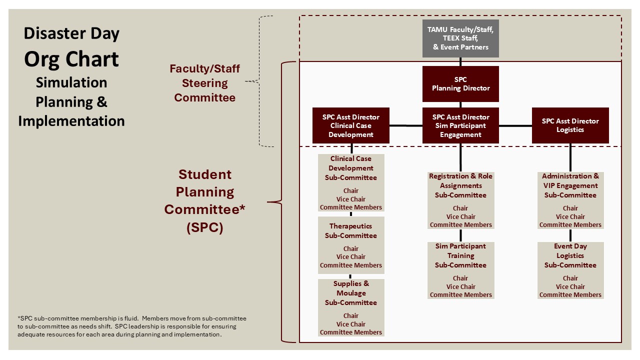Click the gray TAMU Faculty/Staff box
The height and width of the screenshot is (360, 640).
pyautogui.click(x=460, y=38)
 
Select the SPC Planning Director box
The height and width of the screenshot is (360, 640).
pyautogui.click(x=460, y=84)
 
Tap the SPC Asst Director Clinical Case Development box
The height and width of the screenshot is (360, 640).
pyautogui.click(x=351, y=125)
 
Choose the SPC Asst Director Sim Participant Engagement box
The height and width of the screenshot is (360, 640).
pyautogui.click(x=460, y=125)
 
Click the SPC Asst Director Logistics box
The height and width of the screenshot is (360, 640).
pyautogui.click(x=570, y=125)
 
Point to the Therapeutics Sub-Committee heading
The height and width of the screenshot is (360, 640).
pyautogui.click(x=351, y=231)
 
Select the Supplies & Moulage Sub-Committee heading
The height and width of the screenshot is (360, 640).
pyautogui.click(x=351, y=293)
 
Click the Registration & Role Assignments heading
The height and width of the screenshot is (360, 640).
pyautogui.click(x=460, y=185)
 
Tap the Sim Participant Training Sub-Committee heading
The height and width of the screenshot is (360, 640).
pyautogui.click(x=460, y=255)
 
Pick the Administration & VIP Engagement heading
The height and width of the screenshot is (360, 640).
pyautogui.click(x=570, y=185)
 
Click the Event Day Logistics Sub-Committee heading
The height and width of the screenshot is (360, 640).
pyautogui.click(x=570, y=255)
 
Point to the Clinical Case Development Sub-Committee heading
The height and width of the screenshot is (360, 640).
pyautogui.click(x=351, y=168)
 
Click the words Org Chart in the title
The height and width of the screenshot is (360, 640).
pyautogui.click(x=71, y=59)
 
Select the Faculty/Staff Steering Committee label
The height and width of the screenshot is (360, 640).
pyautogui.click(x=204, y=83)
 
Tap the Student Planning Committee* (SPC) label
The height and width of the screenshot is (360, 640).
pyautogui.click(x=204, y=201)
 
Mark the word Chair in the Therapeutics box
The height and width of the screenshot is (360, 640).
pyautogui.click(x=351, y=248)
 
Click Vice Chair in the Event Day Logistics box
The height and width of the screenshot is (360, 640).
pyautogui.click(x=570, y=286)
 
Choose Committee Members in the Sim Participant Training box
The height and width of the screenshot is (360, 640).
pyautogui.click(x=460, y=294)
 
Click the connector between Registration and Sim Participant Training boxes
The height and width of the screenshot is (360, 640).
pyautogui.click(x=460, y=235)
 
